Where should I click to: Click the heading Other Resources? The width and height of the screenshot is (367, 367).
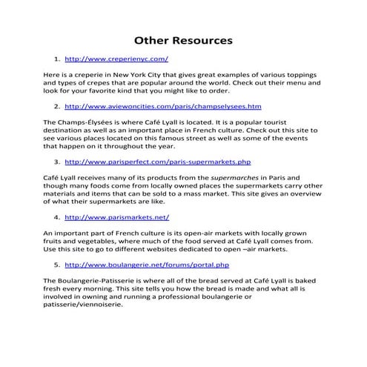[x=182, y=39]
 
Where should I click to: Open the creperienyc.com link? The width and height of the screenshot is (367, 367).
[x=117, y=58]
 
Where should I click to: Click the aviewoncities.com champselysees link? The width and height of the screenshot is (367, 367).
[x=163, y=107]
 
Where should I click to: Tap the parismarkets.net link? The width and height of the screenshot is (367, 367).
[x=117, y=217]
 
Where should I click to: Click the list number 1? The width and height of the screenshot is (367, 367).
[x=57, y=58]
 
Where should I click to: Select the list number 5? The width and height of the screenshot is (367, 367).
[x=57, y=264]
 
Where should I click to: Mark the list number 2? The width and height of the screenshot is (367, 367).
[x=57, y=107]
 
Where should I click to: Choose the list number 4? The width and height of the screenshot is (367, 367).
[x=57, y=217]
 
